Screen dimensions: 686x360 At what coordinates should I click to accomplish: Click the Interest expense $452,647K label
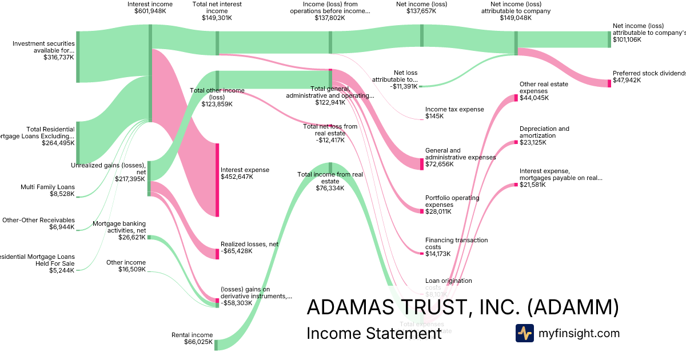[x=245, y=173]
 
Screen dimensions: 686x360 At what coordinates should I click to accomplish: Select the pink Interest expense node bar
[x=217, y=180]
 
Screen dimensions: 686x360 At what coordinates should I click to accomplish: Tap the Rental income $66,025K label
[x=192, y=339]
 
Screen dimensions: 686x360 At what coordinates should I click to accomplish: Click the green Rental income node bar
[x=216, y=345]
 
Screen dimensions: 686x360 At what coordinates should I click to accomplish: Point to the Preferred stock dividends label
[x=649, y=77]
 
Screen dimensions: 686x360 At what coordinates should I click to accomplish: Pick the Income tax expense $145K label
[x=454, y=113]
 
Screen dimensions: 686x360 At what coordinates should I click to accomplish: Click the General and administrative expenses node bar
[x=422, y=164]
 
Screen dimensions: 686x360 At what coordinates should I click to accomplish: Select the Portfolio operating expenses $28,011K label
[x=452, y=205]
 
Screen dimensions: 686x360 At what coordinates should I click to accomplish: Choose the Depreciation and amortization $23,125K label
[x=544, y=135]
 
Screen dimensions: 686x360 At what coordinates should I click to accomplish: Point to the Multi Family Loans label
[x=47, y=190]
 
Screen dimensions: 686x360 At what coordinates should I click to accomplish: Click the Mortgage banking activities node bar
[x=149, y=237]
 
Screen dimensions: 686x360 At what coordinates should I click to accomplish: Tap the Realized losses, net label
[x=250, y=247]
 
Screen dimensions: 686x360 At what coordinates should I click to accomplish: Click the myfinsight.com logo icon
[x=524, y=333]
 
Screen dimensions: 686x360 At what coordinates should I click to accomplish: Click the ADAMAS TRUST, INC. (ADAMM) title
[x=462, y=307]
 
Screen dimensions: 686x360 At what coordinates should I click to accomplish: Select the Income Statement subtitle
[x=374, y=333]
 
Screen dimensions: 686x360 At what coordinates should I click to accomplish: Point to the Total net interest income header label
[x=217, y=11]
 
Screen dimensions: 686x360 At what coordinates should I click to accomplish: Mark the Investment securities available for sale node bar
[x=78, y=57]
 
